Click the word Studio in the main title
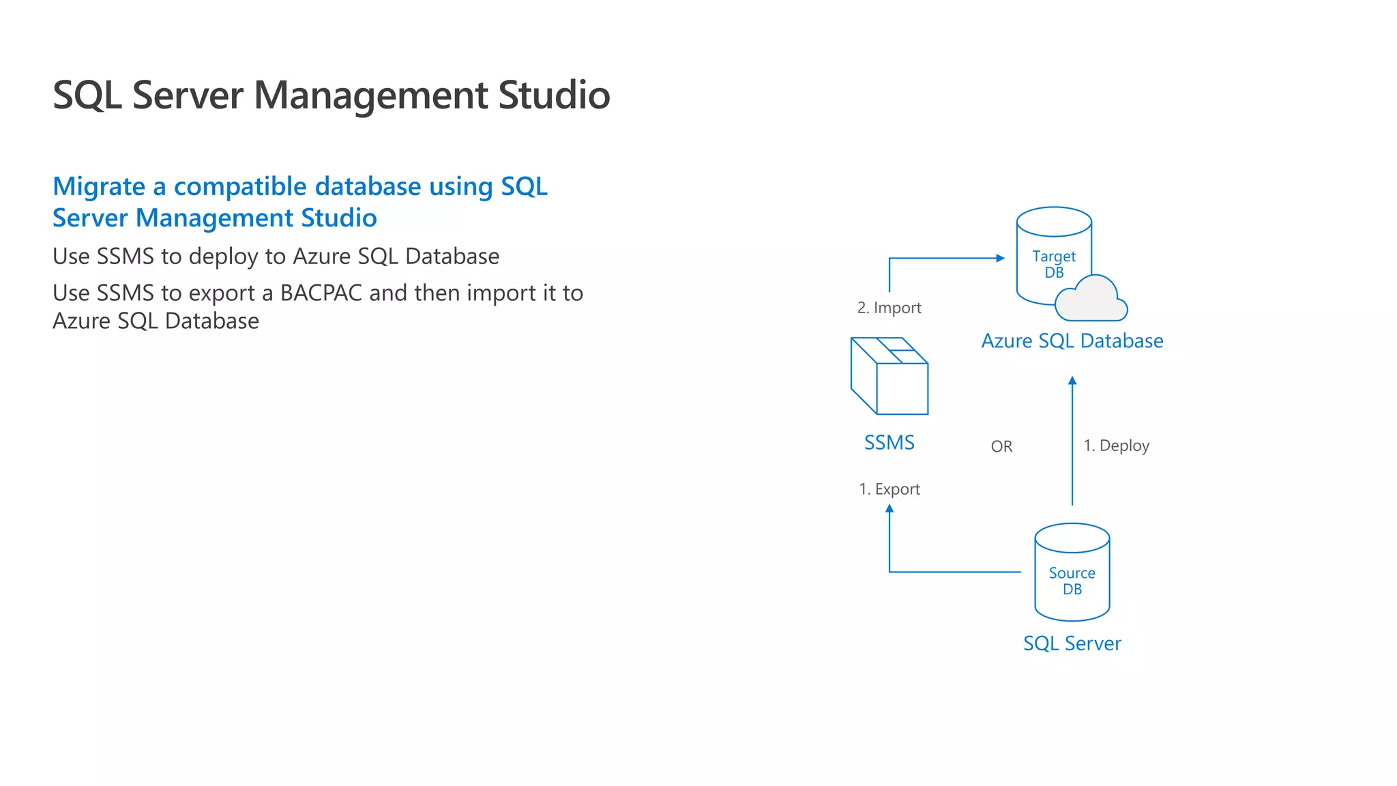click(x=554, y=95)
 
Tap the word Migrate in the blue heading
click(x=99, y=187)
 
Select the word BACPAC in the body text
click(x=321, y=293)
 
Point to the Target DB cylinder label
click(x=1054, y=264)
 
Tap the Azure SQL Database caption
click(x=1072, y=341)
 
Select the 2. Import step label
click(x=889, y=308)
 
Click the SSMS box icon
click(x=889, y=376)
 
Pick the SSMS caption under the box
click(x=889, y=443)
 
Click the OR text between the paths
click(x=1001, y=447)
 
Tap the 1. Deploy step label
click(x=1116, y=446)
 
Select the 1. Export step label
click(x=889, y=489)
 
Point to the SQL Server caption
click(x=1072, y=643)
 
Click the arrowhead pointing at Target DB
click(x=1001, y=258)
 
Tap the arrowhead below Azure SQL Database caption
click(x=1072, y=381)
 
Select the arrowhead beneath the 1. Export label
click(x=889, y=508)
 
